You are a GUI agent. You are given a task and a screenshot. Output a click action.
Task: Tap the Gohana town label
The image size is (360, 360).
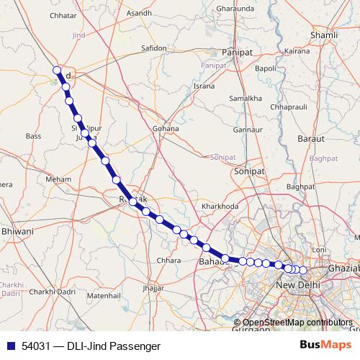pos(165,128)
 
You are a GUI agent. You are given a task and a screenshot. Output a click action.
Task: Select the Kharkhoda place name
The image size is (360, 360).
pos(220,207)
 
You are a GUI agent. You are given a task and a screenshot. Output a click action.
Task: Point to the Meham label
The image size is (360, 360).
pos(58,179)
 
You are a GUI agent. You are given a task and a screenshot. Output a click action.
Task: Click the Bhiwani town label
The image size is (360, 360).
pos(18,232)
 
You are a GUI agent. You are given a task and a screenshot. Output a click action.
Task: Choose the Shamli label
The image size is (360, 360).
pos(322,35)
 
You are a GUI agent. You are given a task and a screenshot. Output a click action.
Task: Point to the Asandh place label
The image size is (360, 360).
pos(138,13)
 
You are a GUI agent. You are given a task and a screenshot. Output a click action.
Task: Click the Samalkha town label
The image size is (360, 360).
pos(244,98)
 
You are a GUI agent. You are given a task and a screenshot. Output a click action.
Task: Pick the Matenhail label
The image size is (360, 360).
pos(103,295)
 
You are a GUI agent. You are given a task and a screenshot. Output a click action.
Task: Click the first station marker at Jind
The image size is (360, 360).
pos(57,70)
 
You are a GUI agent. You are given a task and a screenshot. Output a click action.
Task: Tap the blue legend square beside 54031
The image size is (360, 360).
pos(9,346)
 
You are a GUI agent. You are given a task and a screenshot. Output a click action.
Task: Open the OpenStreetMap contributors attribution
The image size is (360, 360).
pos(297,323)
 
